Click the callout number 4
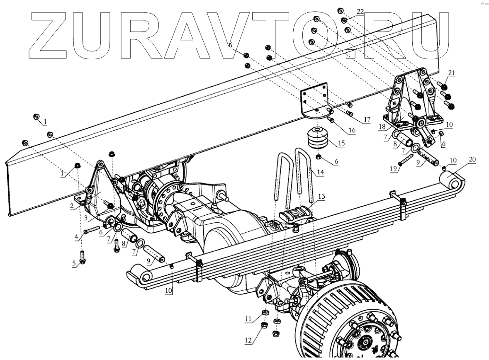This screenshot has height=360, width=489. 76,237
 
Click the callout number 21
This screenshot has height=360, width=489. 451,73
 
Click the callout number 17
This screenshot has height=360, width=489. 367,120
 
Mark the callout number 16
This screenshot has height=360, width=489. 352,130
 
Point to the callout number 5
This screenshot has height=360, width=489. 75,264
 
